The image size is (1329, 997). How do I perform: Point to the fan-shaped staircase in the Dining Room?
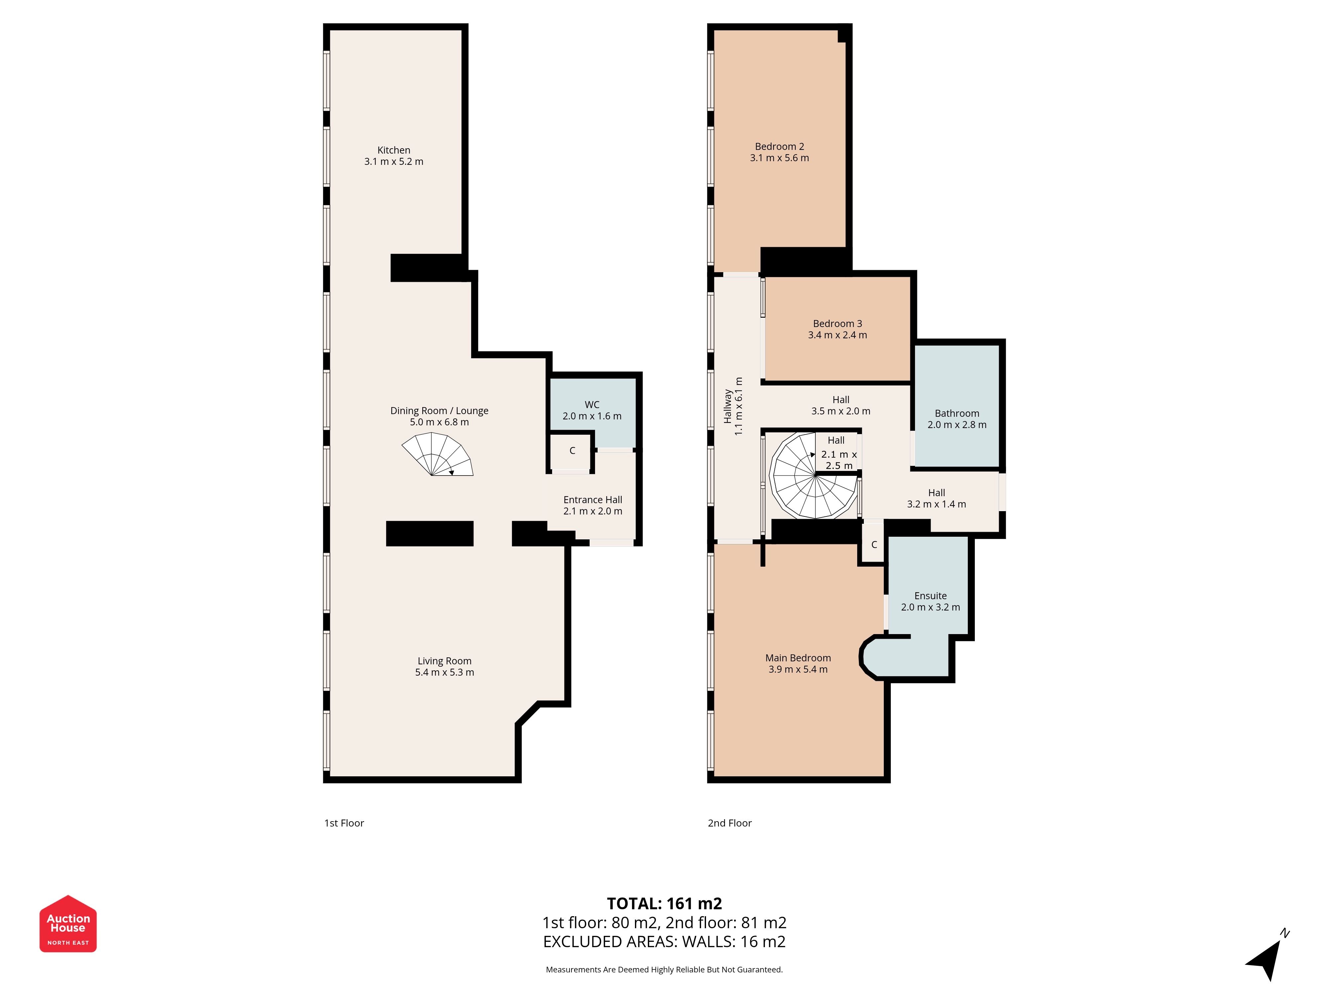[437, 455]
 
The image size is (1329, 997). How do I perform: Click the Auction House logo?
[68, 924]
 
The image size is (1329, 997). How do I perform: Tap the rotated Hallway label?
[728, 406]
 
